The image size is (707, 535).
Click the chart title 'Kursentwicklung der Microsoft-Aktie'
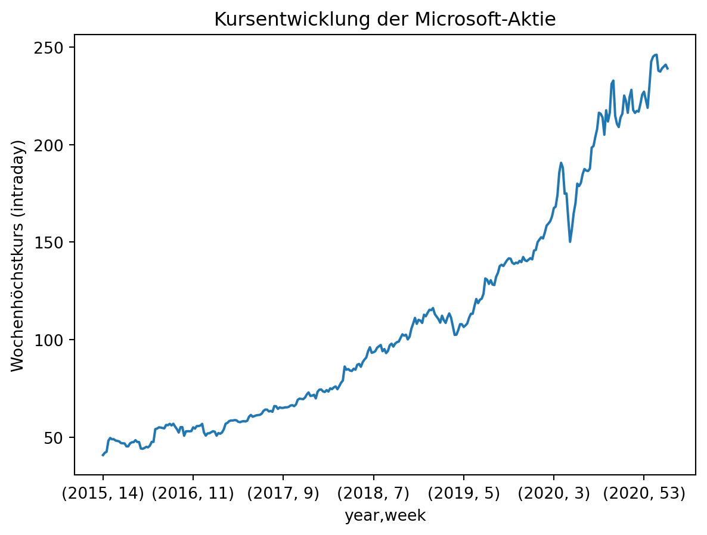point(384,20)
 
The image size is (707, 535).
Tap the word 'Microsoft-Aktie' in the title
point(485,20)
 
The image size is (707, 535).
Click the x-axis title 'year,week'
point(384,516)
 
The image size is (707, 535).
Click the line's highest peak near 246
point(656,54)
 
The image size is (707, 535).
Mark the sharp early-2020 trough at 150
point(570,241)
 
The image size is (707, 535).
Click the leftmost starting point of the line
point(103,455)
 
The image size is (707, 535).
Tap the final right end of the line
point(668,69)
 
